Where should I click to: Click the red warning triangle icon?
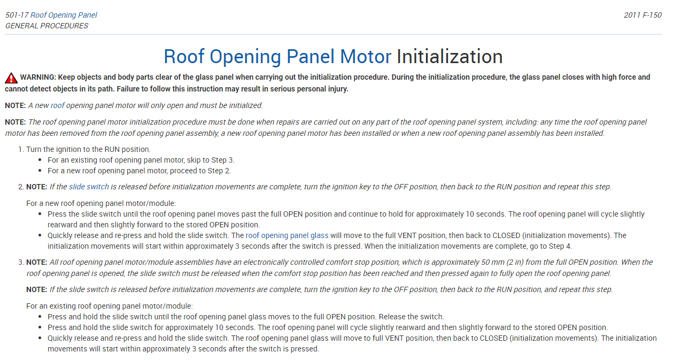(11, 78)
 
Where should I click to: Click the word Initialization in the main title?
(449, 57)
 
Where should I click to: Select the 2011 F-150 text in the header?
(643, 15)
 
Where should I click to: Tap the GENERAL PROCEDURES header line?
(47, 26)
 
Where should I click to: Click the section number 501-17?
(17, 15)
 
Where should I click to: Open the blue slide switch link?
(89, 187)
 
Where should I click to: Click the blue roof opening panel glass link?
(287, 235)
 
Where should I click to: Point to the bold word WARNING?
(38, 77)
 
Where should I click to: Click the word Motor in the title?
(366, 57)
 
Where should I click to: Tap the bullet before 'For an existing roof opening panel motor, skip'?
(41, 160)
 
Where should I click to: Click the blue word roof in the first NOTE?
(57, 105)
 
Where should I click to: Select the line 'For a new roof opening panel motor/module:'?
(101, 203)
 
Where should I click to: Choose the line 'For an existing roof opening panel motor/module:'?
(109, 306)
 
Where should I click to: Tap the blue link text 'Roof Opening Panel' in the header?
(64, 15)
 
